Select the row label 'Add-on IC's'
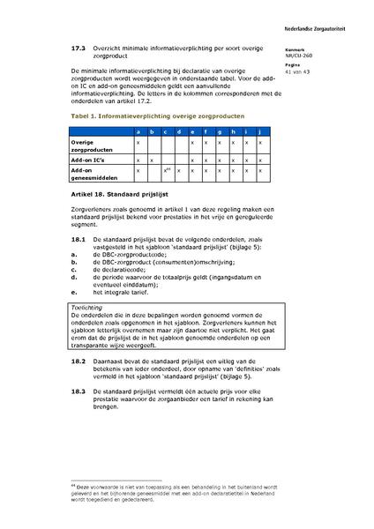click(x=87, y=160)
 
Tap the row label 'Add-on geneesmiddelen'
click(x=93, y=175)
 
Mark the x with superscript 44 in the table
click(x=166, y=170)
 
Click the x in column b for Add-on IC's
click(x=152, y=160)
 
